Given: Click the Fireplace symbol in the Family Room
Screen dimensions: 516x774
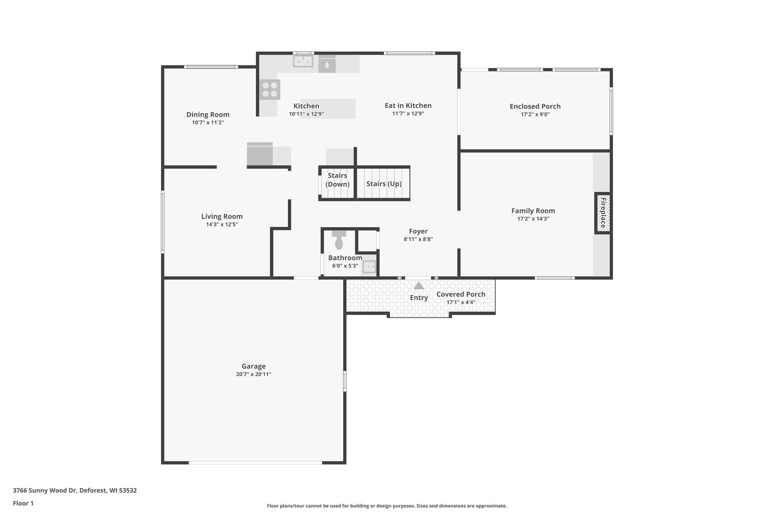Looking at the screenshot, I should click(x=603, y=213).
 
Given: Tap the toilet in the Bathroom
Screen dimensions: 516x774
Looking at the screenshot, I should click(x=339, y=240).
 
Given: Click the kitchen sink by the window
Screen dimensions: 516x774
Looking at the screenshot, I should click(x=303, y=61).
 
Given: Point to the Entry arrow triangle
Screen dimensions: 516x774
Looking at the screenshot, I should click(x=419, y=286).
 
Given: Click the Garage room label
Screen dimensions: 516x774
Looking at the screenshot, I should click(x=254, y=366).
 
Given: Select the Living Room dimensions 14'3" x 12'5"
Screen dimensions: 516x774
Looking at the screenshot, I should click(x=222, y=225).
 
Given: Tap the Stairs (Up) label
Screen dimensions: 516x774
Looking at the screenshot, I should click(x=384, y=184).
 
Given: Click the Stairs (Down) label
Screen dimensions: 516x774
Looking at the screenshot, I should click(x=337, y=180).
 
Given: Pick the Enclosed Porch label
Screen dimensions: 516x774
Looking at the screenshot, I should click(x=535, y=106).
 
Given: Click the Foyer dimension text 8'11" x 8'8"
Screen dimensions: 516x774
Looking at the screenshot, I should click(x=418, y=239).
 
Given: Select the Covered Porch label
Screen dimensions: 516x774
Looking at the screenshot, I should click(x=461, y=294).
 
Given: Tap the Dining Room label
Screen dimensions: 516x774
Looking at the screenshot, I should click(x=208, y=115).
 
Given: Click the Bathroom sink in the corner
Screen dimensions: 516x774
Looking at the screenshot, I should click(x=369, y=267).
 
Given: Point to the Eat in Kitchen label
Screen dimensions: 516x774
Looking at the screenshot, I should click(x=408, y=105).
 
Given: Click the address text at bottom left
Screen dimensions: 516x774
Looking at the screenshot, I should click(x=75, y=490).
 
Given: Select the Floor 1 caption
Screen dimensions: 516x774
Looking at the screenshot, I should click(x=23, y=503).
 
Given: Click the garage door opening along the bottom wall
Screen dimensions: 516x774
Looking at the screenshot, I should click(x=255, y=462).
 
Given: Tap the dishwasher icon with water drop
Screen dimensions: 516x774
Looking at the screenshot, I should click(x=327, y=65).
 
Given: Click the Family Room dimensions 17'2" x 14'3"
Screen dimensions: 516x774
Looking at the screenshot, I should click(x=533, y=219).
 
